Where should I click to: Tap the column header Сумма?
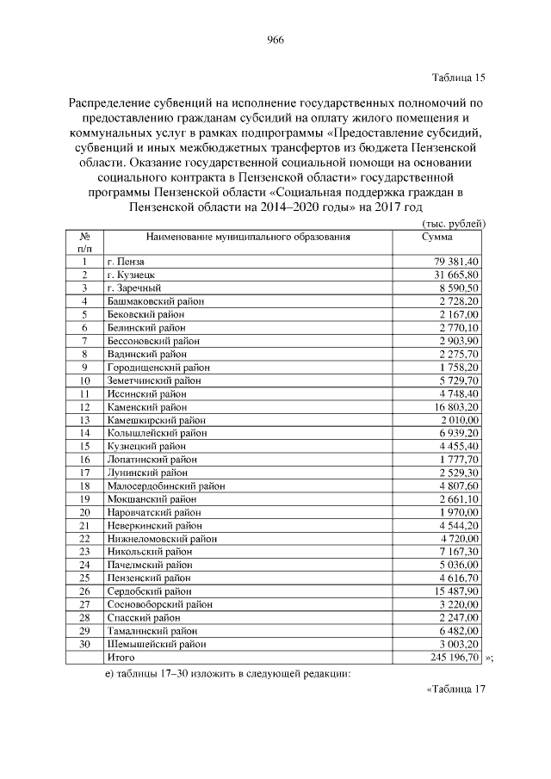tap(436, 236)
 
